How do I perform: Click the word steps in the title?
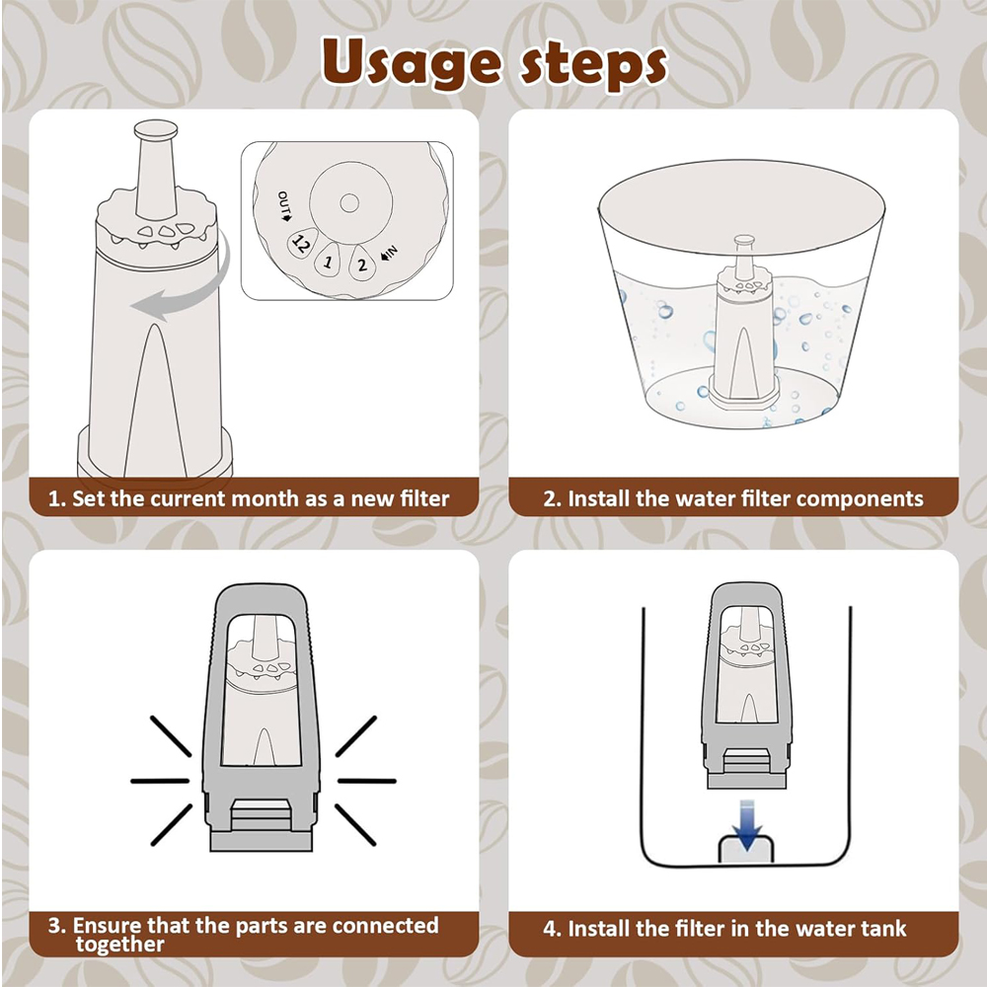click(593, 65)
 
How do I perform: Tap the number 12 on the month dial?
click(300, 244)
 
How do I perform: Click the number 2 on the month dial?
click(362, 265)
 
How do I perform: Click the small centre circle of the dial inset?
click(349, 202)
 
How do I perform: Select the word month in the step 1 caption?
click(267, 498)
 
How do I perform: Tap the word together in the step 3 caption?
click(119, 945)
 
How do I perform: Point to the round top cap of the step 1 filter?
click(156, 129)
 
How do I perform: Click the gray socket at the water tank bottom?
click(746, 849)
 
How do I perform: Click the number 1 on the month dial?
click(327, 261)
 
